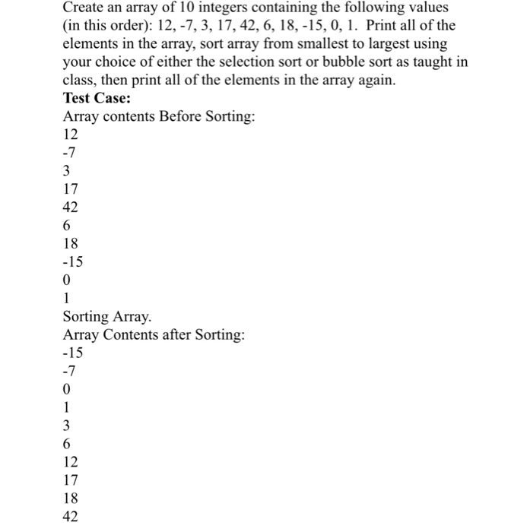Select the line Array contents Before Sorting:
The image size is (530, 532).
pos(159,117)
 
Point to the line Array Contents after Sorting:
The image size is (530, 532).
pos(154,335)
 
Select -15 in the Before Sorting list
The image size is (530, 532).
pos(73,262)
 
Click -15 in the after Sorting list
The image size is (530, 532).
pos(73,353)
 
